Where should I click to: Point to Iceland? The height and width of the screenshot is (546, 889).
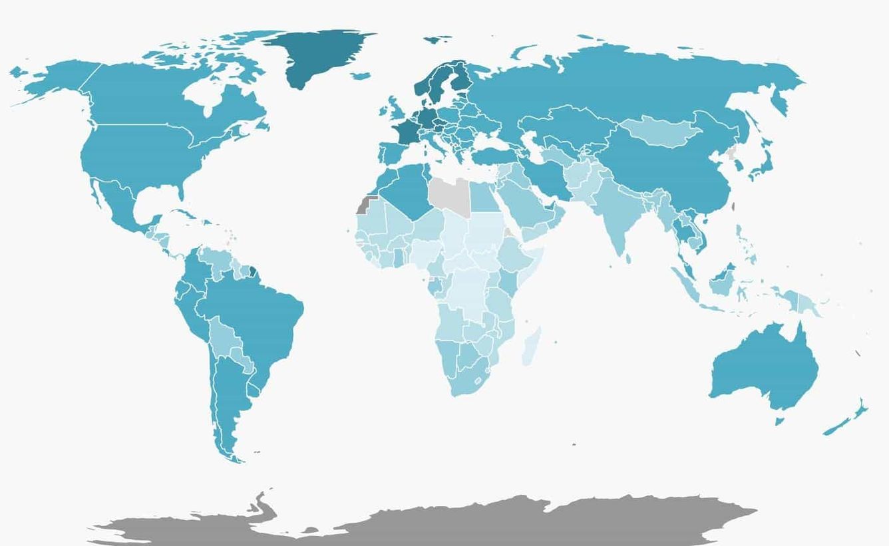(360, 76)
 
